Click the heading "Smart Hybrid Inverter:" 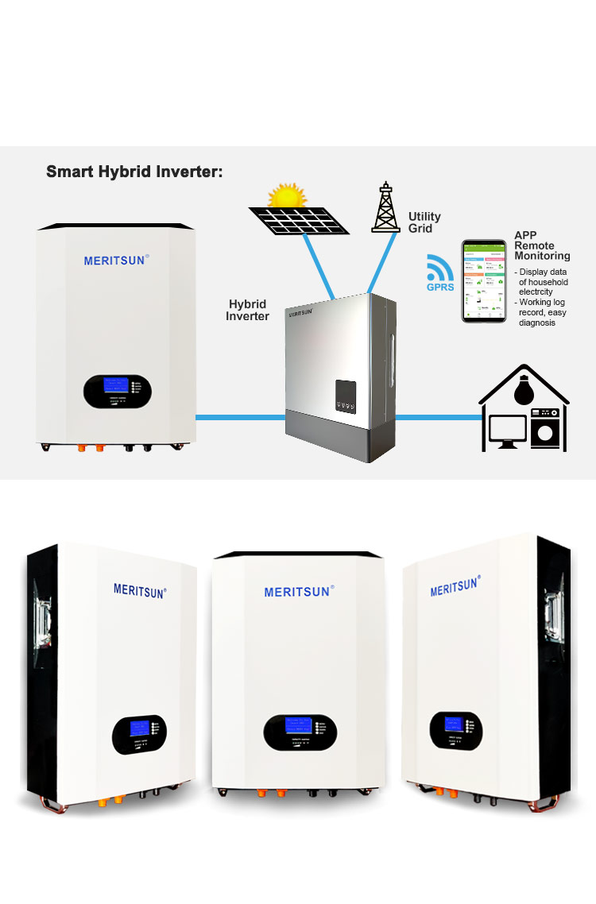134,172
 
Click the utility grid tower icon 385,208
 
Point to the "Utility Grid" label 424,222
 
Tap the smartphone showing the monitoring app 484,281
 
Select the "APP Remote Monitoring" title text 542,245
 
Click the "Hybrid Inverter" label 247,310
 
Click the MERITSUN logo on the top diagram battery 117,260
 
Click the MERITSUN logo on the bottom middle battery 299,592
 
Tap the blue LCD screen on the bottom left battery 140,728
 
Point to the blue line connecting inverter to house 437,416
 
